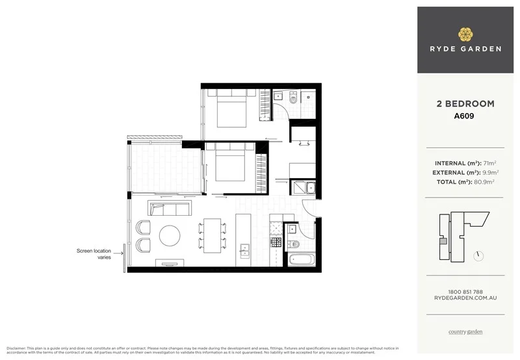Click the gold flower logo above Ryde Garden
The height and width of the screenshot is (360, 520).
(465, 34)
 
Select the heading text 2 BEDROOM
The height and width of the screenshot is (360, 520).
(465, 104)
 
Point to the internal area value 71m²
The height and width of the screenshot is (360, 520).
(489, 163)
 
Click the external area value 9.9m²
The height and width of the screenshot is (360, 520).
(492, 173)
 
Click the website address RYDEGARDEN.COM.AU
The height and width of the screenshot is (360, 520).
(465, 298)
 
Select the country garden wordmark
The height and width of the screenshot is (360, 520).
(465, 332)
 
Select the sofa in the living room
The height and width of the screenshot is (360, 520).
(170, 208)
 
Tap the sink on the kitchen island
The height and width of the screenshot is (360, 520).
(245, 250)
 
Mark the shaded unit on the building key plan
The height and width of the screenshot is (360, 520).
(443, 242)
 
